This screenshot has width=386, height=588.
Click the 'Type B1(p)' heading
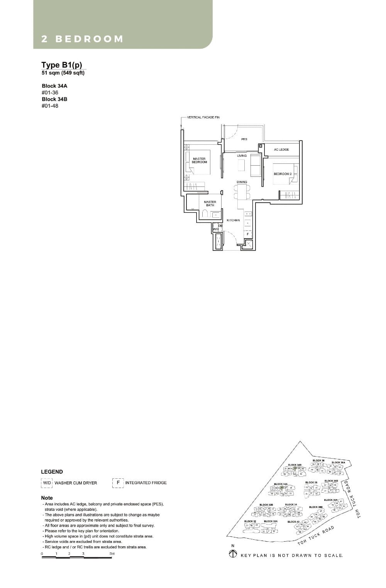point(62,65)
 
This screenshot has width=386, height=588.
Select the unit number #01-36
point(50,93)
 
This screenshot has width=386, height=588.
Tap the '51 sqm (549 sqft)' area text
point(63,73)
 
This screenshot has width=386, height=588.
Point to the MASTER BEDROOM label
point(199,160)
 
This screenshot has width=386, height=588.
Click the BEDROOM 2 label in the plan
point(283,174)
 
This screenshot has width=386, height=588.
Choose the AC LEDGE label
point(281,149)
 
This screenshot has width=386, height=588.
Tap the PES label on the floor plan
point(244,139)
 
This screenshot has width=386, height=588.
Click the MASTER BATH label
point(210,203)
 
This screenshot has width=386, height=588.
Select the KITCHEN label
point(233,220)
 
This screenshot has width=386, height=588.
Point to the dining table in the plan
point(242,191)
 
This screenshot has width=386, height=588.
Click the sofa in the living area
point(256,164)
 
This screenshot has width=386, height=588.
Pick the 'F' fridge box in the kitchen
point(247,234)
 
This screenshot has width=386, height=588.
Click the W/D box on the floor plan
point(216,229)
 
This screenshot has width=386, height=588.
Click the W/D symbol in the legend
point(47,483)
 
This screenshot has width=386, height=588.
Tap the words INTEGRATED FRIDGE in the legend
point(146,483)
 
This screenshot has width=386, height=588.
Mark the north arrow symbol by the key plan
point(233,554)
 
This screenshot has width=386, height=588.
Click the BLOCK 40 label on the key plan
point(293,522)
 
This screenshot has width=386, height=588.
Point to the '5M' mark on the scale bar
point(112,554)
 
